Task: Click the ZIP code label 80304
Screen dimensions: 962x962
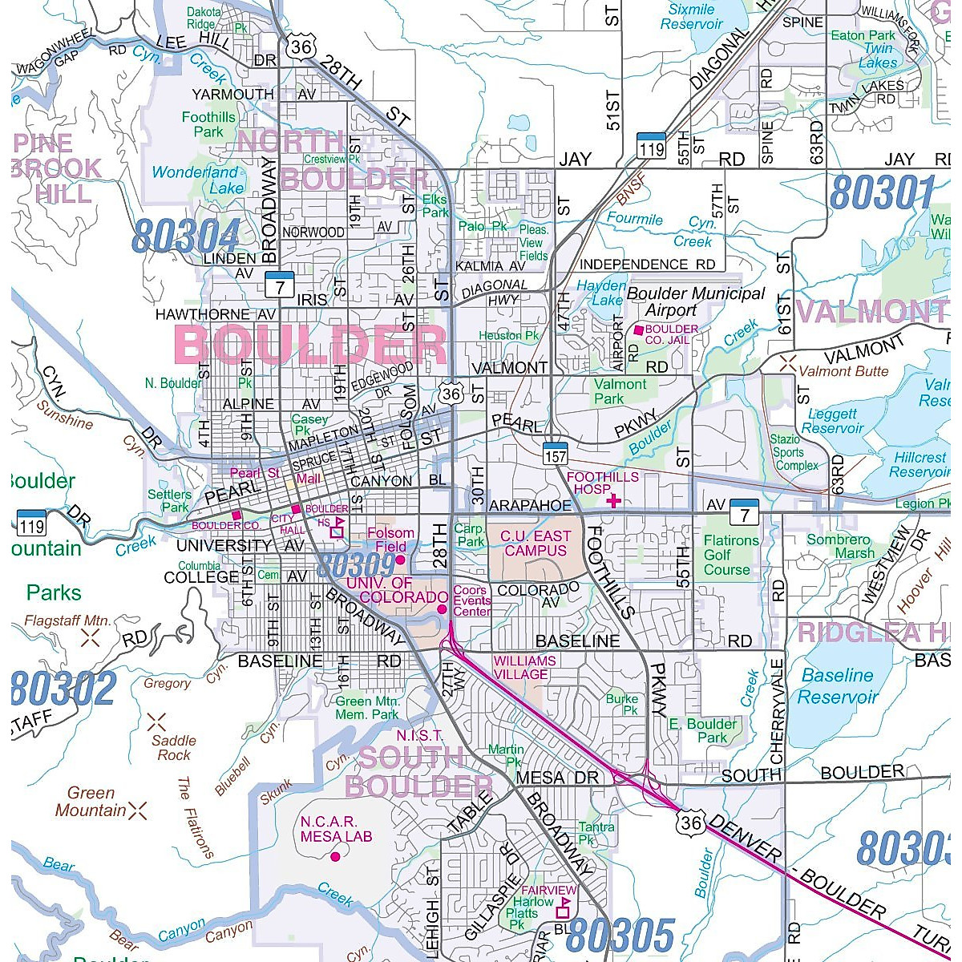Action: click(x=186, y=236)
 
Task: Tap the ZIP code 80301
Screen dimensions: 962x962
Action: click(x=882, y=193)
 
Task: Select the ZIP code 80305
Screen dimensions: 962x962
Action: click(x=620, y=936)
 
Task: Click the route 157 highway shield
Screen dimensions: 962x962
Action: click(x=555, y=453)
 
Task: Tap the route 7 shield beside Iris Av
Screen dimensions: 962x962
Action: click(x=280, y=284)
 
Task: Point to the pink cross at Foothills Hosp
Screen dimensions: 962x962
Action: click(x=614, y=501)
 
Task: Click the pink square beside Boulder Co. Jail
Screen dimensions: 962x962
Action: click(x=638, y=329)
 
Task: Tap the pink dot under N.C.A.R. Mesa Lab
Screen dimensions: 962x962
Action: click(x=335, y=856)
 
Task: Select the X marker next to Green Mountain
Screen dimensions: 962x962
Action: click(x=138, y=810)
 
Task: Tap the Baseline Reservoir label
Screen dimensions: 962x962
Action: click(x=838, y=686)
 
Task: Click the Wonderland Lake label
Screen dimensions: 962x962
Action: click(x=195, y=180)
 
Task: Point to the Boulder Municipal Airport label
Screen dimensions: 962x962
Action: click(x=695, y=301)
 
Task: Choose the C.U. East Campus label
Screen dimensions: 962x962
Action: click(x=536, y=544)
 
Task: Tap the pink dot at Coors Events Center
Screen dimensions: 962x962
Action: click(x=442, y=609)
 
